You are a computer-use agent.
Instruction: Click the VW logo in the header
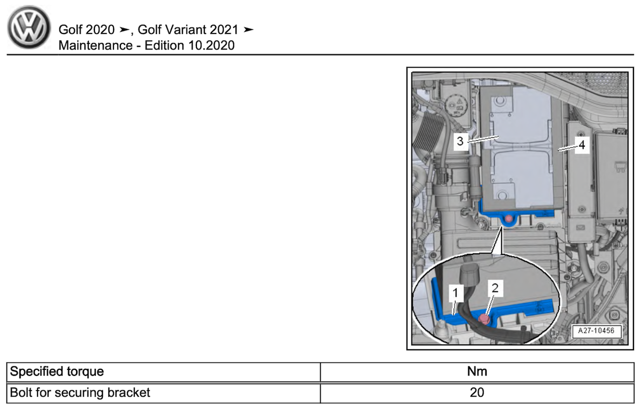(29, 27)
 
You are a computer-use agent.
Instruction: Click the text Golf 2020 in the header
(86, 30)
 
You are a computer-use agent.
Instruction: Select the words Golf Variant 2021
(188, 30)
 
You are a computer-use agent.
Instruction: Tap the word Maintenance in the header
(95, 46)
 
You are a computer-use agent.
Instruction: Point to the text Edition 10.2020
(189, 46)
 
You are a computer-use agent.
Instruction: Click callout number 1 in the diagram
(455, 293)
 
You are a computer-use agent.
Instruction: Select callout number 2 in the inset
(495, 288)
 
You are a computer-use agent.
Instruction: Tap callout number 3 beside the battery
(460, 141)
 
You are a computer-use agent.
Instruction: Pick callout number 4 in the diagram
(582, 145)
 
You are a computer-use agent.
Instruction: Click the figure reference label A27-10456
(596, 331)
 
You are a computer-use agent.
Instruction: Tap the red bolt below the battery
(508, 219)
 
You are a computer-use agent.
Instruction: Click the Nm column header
(477, 371)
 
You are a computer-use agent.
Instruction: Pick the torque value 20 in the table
(477, 393)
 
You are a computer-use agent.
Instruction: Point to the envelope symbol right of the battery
(580, 227)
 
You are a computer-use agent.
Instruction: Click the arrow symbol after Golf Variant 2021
(248, 30)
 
